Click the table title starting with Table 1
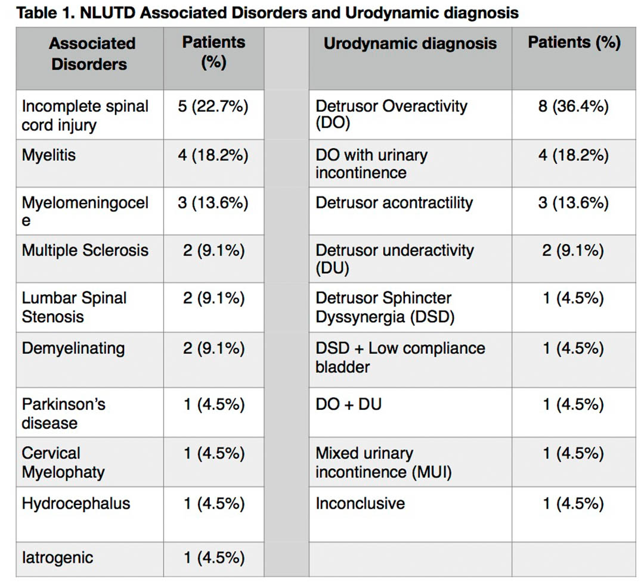point(267,13)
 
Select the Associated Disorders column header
point(92,54)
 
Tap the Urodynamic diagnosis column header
point(410,43)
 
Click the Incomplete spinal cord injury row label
point(85,116)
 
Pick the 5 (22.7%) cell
point(213,106)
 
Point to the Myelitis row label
point(48,155)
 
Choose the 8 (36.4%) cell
point(574,106)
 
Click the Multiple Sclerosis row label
point(85,250)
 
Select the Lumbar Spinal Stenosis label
point(74,307)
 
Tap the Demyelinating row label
point(73,348)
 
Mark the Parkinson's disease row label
point(63,413)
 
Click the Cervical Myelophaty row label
point(63,463)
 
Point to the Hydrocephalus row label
point(76,504)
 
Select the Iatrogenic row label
point(57,557)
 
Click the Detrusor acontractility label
point(394,202)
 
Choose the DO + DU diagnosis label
point(348,404)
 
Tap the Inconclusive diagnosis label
point(360,504)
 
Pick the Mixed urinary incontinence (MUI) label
point(383,463)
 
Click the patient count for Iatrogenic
point(214,557)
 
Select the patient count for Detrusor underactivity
point(574,250)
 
